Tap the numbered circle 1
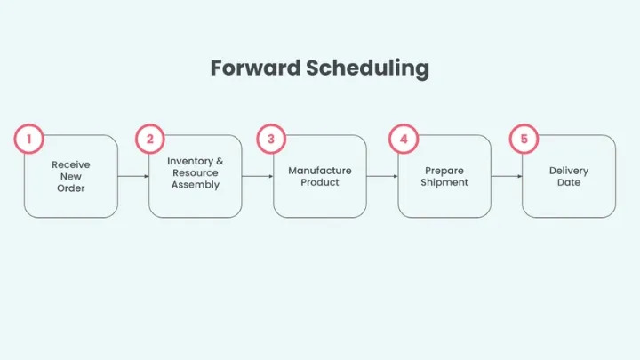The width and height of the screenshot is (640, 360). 29,139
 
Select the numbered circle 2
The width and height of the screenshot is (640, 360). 150,139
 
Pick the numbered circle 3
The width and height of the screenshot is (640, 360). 271,139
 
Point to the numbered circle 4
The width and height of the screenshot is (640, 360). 404,139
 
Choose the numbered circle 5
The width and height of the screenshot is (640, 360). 524,139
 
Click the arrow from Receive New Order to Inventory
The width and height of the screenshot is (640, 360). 133,176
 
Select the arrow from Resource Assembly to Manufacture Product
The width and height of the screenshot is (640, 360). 258,176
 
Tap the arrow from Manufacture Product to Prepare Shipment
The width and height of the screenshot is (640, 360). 382,176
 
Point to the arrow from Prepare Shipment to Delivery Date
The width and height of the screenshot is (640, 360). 507,176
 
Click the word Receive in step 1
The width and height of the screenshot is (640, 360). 71,164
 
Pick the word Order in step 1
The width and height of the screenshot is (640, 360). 71,188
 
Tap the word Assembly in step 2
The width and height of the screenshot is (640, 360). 196,185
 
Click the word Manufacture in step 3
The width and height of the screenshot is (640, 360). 320,170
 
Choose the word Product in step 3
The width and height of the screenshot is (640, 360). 320,182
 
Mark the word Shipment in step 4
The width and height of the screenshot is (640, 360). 444,182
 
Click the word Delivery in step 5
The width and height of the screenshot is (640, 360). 569,170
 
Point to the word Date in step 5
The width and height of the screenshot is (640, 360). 569,182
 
